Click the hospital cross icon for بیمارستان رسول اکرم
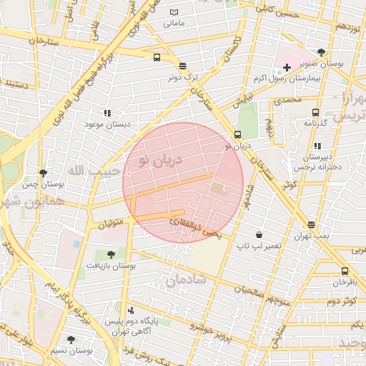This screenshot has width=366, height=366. pos(287,67)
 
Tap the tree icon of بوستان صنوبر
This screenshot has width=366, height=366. pos(322,52)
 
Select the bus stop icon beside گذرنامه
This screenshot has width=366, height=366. pos(315,112)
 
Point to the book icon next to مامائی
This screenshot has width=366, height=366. pos(175,12)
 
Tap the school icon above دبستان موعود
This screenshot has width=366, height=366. pos(107,113)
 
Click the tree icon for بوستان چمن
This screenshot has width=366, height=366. pos(44,173)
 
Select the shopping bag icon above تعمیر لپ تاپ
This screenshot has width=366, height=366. pos(258,234)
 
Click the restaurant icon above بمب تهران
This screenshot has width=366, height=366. pos(310,224)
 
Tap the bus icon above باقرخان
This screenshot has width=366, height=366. pos(345,271)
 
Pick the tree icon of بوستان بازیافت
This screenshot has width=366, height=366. pos(110,254)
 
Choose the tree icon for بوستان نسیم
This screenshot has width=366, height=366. pos(70,340)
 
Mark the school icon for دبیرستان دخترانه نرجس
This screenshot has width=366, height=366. pos(317,146)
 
